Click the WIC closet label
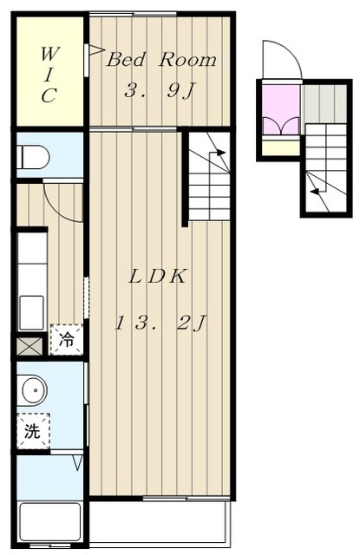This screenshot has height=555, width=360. click(49, 75)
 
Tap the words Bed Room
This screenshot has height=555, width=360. click(161, 60)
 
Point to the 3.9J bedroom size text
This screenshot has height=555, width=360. click(160, 90)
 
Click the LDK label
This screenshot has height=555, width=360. click(157, 277)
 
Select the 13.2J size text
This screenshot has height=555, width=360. click(160, 323)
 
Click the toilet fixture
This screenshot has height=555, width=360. click(33, 156)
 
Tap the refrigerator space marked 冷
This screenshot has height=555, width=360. click(66, 339)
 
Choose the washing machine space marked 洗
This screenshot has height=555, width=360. click(33, 431)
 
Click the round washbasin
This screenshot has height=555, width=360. click(35, 390)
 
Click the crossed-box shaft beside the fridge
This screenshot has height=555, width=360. click(29, 346)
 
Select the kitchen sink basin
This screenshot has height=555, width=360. click(31, 312)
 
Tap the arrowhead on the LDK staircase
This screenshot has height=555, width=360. click(221, 153)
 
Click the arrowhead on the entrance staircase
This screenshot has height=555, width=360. click(315, 192)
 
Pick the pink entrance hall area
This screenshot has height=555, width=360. click(282, 109)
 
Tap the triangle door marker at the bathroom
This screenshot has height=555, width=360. click(78, 462)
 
